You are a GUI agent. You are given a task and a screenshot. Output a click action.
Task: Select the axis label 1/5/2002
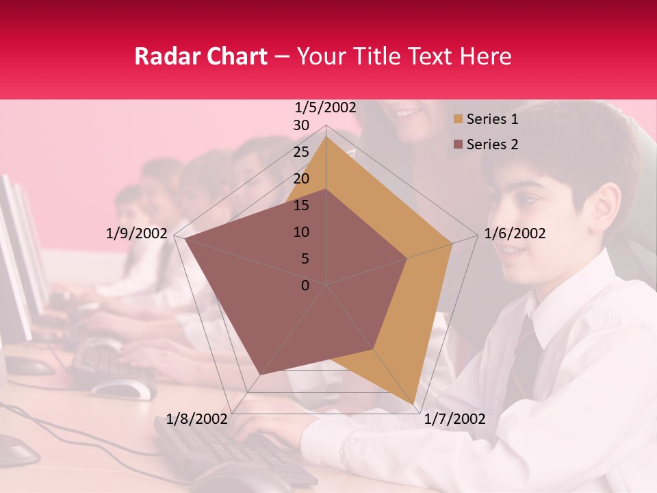325,108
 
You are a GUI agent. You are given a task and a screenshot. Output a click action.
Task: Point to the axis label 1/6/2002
515,233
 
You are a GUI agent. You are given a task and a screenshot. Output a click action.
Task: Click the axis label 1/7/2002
454,419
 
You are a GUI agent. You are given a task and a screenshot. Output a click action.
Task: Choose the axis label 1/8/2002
197,419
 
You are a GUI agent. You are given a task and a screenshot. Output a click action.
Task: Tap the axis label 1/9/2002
137,233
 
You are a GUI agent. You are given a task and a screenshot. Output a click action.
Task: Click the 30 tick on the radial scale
301,125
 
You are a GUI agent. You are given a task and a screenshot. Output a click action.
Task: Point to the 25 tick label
301,152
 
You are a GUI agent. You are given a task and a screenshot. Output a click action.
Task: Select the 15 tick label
301,205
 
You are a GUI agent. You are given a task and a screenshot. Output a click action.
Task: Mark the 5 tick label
305,259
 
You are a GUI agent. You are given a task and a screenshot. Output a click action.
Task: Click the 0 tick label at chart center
305,286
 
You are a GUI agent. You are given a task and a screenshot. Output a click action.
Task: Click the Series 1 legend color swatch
458,120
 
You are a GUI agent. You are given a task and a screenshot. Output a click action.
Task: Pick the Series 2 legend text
492,144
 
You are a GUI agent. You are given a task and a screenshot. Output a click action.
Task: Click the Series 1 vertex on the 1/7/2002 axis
413,403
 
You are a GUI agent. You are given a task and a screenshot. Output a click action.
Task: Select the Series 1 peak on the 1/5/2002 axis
326,137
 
